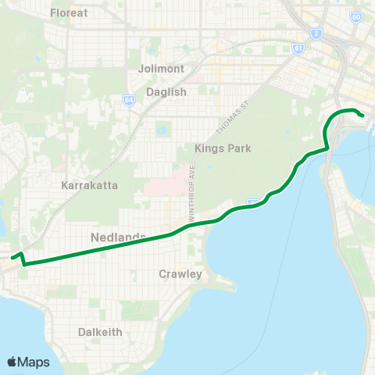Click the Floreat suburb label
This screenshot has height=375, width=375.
(x=70, y=13)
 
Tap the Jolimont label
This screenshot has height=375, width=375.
(x=161, y=69)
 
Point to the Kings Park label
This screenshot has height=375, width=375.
(x=223, y=148)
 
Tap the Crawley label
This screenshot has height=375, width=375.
(x=180, y=274)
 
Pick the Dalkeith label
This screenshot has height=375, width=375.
(x=100, y=332)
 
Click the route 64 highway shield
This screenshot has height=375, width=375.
(x=128, y=101)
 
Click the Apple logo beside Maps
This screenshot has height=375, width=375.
(x=12, y=362)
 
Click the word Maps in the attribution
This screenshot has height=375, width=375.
(x=34, y=362)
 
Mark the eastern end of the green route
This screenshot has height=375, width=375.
(x=364, y=116)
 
